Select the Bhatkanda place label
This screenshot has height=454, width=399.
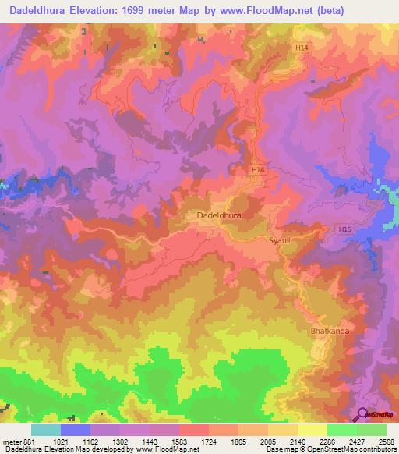330,331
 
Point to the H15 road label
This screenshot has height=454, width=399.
346,229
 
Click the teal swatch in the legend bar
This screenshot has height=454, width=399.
45,430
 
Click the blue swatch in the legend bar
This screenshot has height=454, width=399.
76,430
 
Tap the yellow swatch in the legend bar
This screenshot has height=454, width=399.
312,430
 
